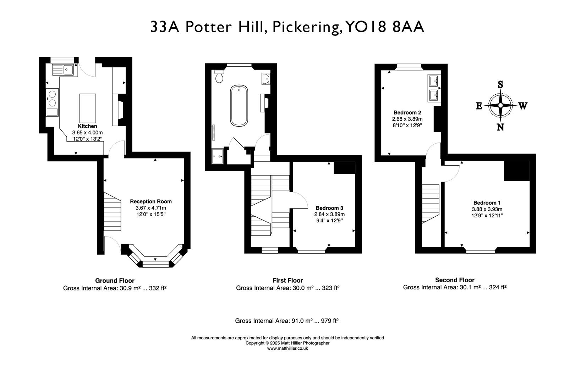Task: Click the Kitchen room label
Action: coord(87,126)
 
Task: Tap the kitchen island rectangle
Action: coord(88,108)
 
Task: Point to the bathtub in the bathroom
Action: coord(239,105)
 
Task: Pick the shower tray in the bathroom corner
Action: coord(218,156)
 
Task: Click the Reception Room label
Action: coord(150,201)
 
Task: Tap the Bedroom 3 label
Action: coord(329,208)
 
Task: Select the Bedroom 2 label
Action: coord(407,112)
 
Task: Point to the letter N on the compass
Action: coord(500,127)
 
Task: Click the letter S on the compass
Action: coord(500,84)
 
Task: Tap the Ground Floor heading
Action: coord(115,281)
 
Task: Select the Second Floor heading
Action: coord(455,280)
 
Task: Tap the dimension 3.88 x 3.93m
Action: coord(487,209)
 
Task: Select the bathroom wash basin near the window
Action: coord(265,79)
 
